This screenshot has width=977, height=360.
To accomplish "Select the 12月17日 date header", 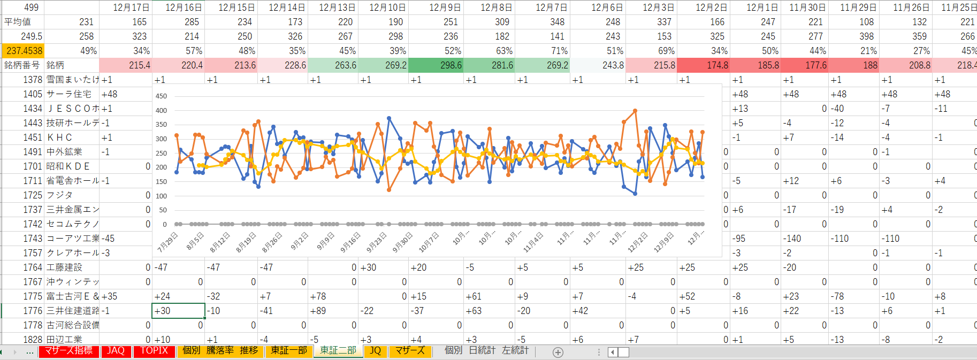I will tap(131, 7).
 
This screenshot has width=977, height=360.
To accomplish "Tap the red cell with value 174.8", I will tap(703, 65).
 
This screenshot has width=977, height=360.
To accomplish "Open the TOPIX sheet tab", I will tap(154, 351).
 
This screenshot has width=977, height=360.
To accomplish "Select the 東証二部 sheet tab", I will tap(338, 351).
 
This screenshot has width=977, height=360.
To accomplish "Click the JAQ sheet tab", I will tap(116, 351).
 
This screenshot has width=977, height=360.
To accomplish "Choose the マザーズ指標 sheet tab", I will tap(68, 351).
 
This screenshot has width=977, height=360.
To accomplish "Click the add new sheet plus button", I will tap(558, 352).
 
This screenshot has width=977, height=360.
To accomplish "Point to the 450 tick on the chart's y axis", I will tap(161, 96).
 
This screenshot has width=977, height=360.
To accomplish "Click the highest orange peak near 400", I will tap(635, 111).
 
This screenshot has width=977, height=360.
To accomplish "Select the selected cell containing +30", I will tap(179, 311).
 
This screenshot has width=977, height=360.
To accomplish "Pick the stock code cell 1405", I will tap(32, 94).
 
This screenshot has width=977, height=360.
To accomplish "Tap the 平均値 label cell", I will tap(18, 22).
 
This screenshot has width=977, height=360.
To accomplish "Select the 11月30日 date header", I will tap(807, 7).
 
